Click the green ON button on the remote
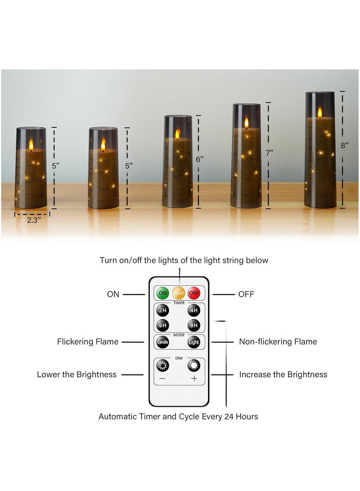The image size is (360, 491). (162, 293)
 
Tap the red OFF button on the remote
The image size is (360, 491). (194, 293)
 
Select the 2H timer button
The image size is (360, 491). (162, 310)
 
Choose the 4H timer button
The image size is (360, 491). (194, 310)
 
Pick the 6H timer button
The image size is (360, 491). (162, 325)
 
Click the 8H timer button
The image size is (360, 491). (194, 325)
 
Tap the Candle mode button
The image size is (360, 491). (162, 342)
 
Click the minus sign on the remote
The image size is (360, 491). (162, 378)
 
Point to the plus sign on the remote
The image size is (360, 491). (194, 378)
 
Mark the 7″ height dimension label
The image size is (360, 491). (270, 153)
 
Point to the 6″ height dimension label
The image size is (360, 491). (200, 159)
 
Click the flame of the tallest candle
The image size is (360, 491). (320, 112)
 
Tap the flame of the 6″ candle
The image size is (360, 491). (177, 133)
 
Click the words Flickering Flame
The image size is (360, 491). (88, 342)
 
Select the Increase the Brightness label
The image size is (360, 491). (283, 374)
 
